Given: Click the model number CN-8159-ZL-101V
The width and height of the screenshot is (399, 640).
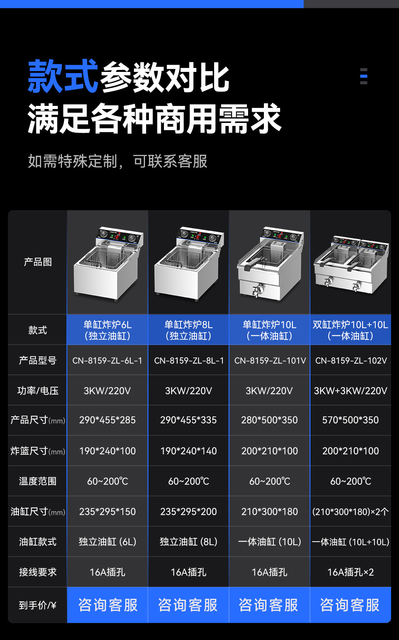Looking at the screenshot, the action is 270,361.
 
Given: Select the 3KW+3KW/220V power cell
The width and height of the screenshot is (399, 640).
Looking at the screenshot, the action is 350,391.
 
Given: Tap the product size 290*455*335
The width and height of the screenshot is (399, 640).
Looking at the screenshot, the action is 188,420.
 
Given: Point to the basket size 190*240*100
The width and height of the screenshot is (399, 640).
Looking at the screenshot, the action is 107,451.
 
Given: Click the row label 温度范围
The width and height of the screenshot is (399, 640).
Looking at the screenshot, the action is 38,481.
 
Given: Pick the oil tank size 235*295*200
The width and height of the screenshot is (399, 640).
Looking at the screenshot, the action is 188,512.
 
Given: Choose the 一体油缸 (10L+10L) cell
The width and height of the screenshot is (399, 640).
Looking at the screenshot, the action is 350,542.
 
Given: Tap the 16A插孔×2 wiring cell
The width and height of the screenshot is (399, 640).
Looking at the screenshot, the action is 350,572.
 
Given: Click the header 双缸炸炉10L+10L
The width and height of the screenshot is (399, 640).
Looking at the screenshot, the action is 350,325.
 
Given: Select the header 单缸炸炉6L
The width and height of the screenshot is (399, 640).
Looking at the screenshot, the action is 107,325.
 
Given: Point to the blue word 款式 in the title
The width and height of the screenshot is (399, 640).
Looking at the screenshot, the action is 63,76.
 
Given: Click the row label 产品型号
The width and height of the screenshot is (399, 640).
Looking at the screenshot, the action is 38,360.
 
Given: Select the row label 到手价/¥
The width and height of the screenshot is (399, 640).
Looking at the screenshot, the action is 38,605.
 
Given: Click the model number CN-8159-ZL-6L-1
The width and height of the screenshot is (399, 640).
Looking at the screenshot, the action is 107,361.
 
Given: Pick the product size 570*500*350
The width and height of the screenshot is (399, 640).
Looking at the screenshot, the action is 350,420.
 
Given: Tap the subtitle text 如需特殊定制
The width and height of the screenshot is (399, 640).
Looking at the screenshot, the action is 73,161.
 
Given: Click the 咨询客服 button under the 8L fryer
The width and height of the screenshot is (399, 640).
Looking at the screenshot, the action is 188,605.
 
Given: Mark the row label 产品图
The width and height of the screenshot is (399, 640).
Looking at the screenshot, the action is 38,262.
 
